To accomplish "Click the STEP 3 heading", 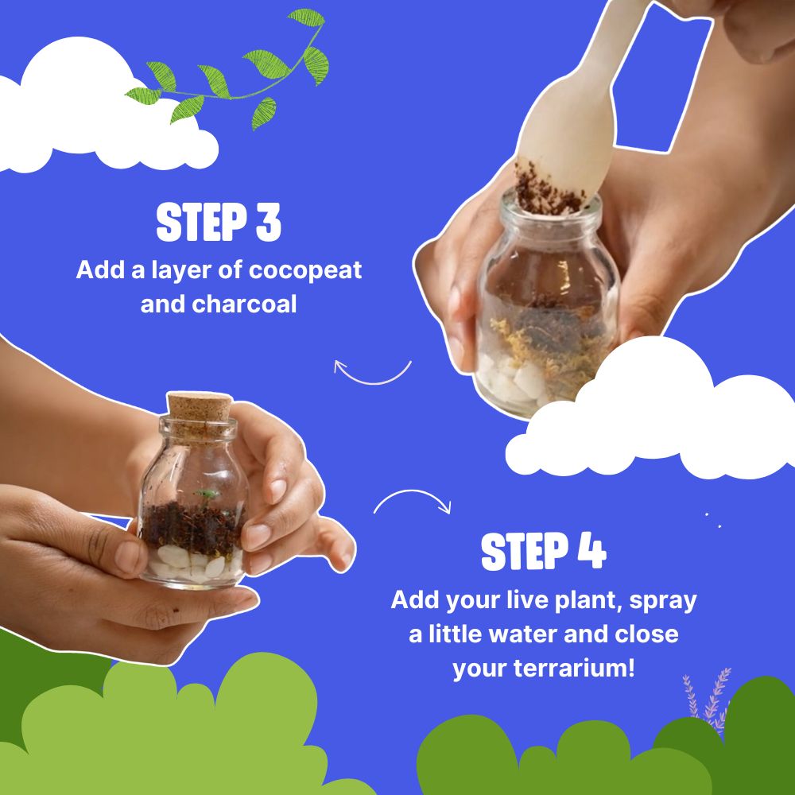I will pos(219,223).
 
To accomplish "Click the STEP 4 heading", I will pos(543,553).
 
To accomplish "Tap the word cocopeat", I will pos(305,270).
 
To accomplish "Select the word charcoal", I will pos(244,304).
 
